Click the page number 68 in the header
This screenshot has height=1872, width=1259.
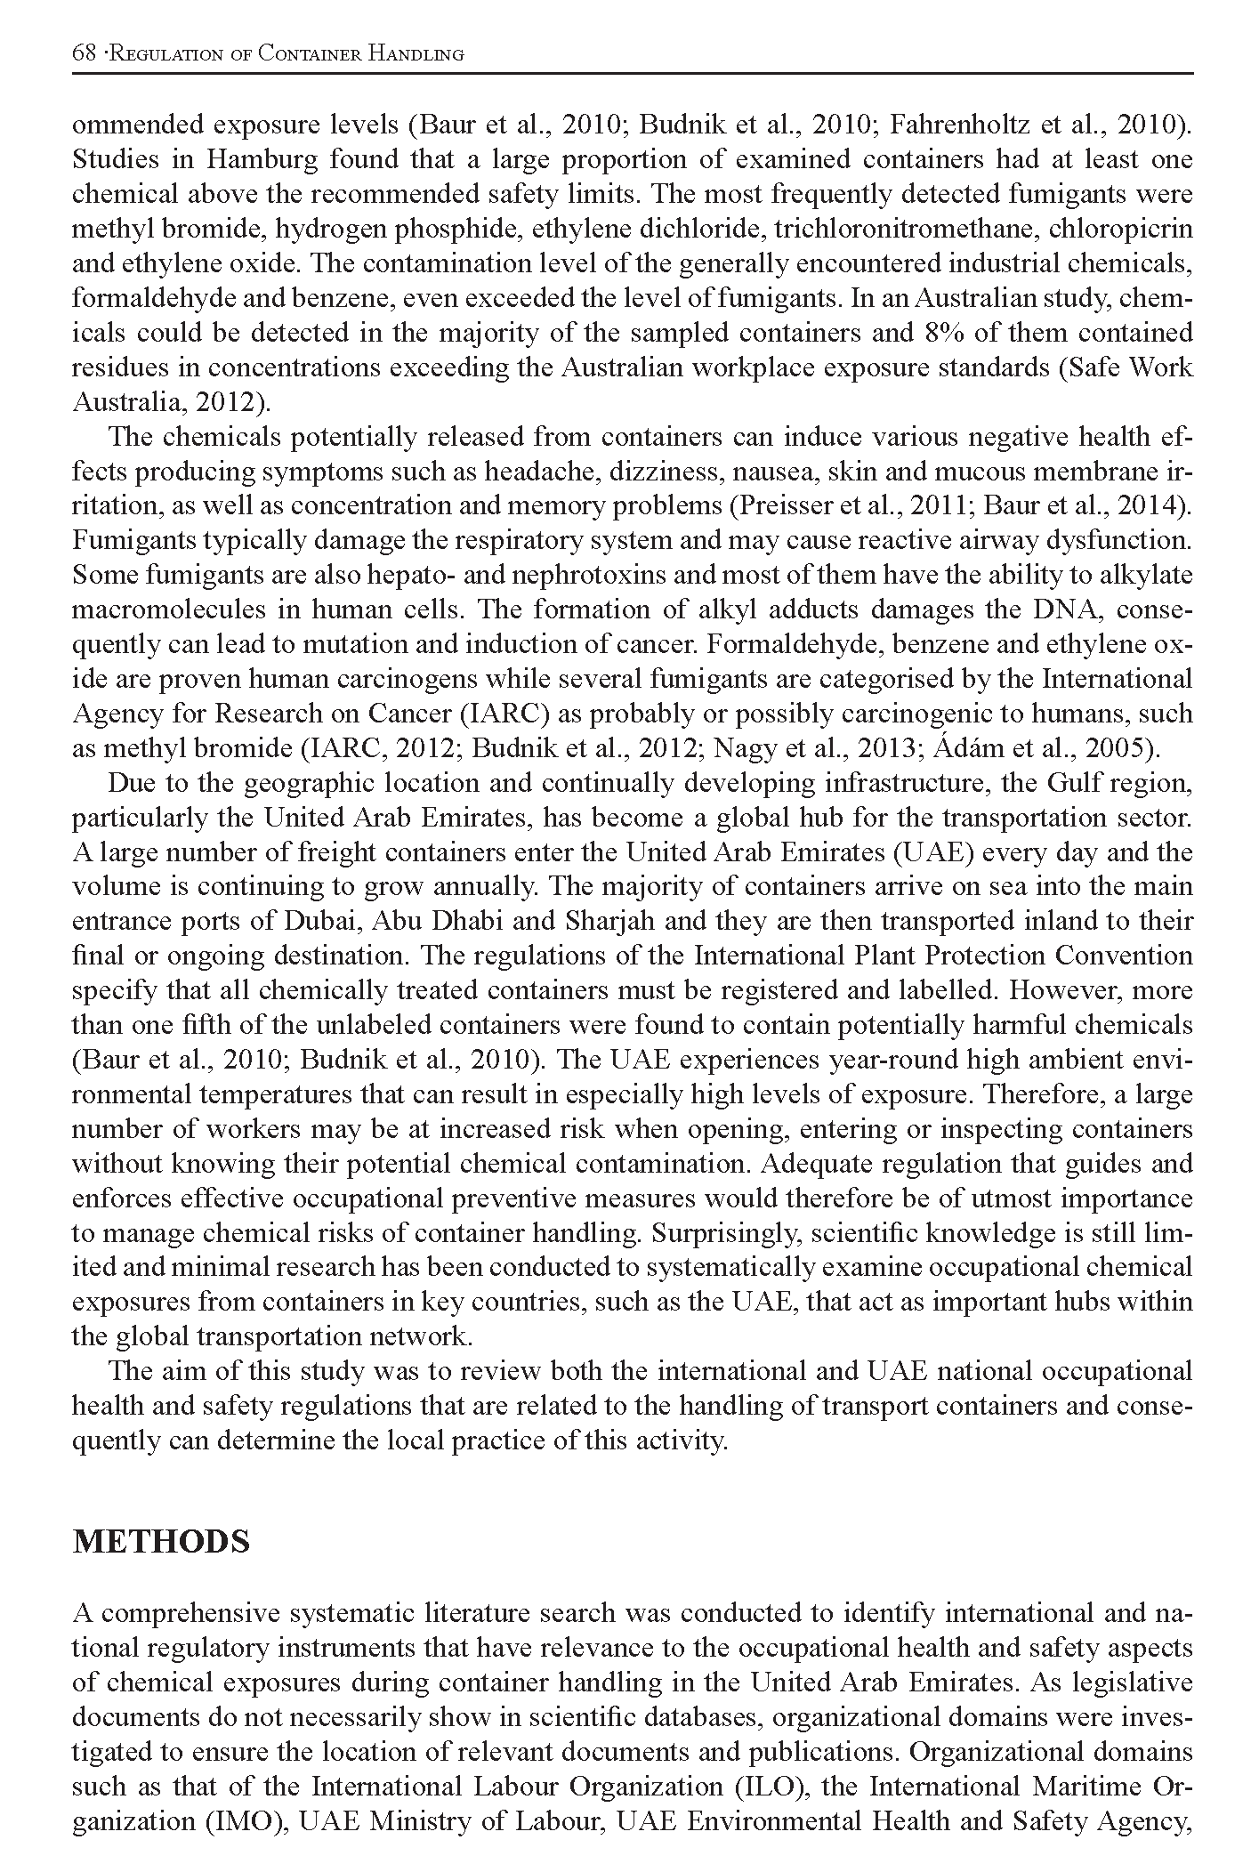click(83, 53)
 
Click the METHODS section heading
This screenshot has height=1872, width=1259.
click(160, 1541)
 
